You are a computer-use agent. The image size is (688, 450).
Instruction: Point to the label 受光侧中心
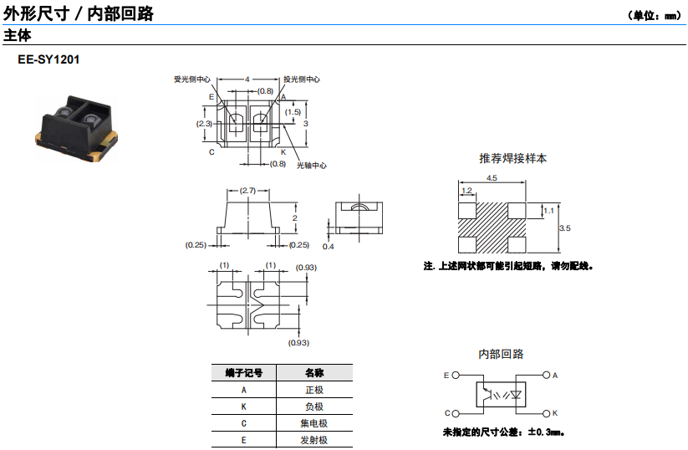pyautogui.click(x=192, y=79)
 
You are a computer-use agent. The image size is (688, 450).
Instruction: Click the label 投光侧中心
pyautogui.click(x=301, y=79)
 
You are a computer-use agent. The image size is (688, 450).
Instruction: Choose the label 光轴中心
pyautogui.click(x=311, y=165)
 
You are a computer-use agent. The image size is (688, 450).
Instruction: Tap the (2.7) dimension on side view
pyautogui.click(x=248, y=191)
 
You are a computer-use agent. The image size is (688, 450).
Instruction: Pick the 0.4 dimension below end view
pyautogui.click(x=328, y=247)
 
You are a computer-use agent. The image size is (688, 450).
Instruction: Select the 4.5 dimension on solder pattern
pyautogui.click(x=492, y=178)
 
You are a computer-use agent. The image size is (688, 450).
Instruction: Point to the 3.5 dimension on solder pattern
pyautogui.click(x=565, y=228)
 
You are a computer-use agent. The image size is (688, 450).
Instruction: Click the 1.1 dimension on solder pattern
pyautogui.click(x=549, y=211)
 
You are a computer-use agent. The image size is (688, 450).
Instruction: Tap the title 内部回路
pyautogui.click(x=501, y=355)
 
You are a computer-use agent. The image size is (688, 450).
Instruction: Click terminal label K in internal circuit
pyautogui.click(x=555, y=413)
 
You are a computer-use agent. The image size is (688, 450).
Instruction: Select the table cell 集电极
pyautogui.click(x=314, y=423)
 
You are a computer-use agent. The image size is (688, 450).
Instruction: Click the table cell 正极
pyautogui.click(x=314, y=390)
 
